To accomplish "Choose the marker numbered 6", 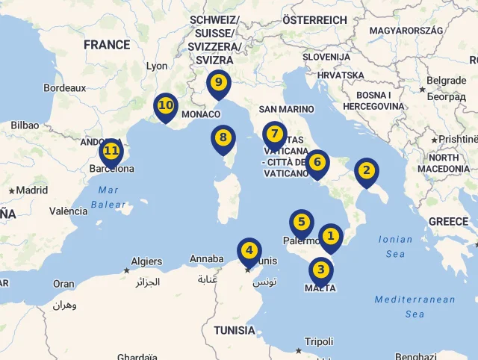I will (x=317, y=162).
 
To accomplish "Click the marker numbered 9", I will (x=218, y=83).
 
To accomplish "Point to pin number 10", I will (x=165, y=106).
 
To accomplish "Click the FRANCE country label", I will (x=107, y=45).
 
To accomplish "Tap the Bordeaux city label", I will (x=65, y=87).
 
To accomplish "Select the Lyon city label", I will (x=157, y=66).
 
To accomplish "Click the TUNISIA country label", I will (x=235, y=330).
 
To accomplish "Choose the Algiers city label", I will (x=146, y=261).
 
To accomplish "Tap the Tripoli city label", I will (x=319, y=341).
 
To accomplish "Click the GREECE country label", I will (x=448, y=222).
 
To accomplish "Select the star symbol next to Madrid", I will (x=11, y=190).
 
